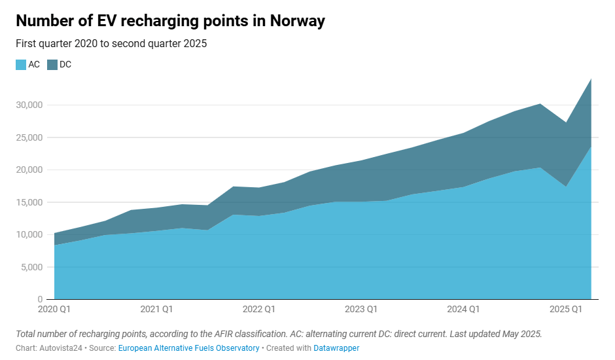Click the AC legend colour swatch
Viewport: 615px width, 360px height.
(21, 65)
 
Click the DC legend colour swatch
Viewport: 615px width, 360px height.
(52, 65)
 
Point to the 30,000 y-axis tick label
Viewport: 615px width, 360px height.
(29, 105)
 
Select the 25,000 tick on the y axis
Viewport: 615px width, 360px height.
(29, 137)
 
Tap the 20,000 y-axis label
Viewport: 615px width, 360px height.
(29, 170)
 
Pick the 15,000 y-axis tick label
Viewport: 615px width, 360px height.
(29, 202)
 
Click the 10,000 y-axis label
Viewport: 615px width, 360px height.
(29, 234)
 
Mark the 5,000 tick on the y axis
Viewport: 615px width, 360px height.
(31, 267)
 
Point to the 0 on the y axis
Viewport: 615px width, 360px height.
(41, 299)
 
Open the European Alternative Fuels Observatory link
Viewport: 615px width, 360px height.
(189, 348)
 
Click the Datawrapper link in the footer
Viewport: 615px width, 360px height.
(336, 348)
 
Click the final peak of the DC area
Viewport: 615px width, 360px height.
(591, 80)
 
